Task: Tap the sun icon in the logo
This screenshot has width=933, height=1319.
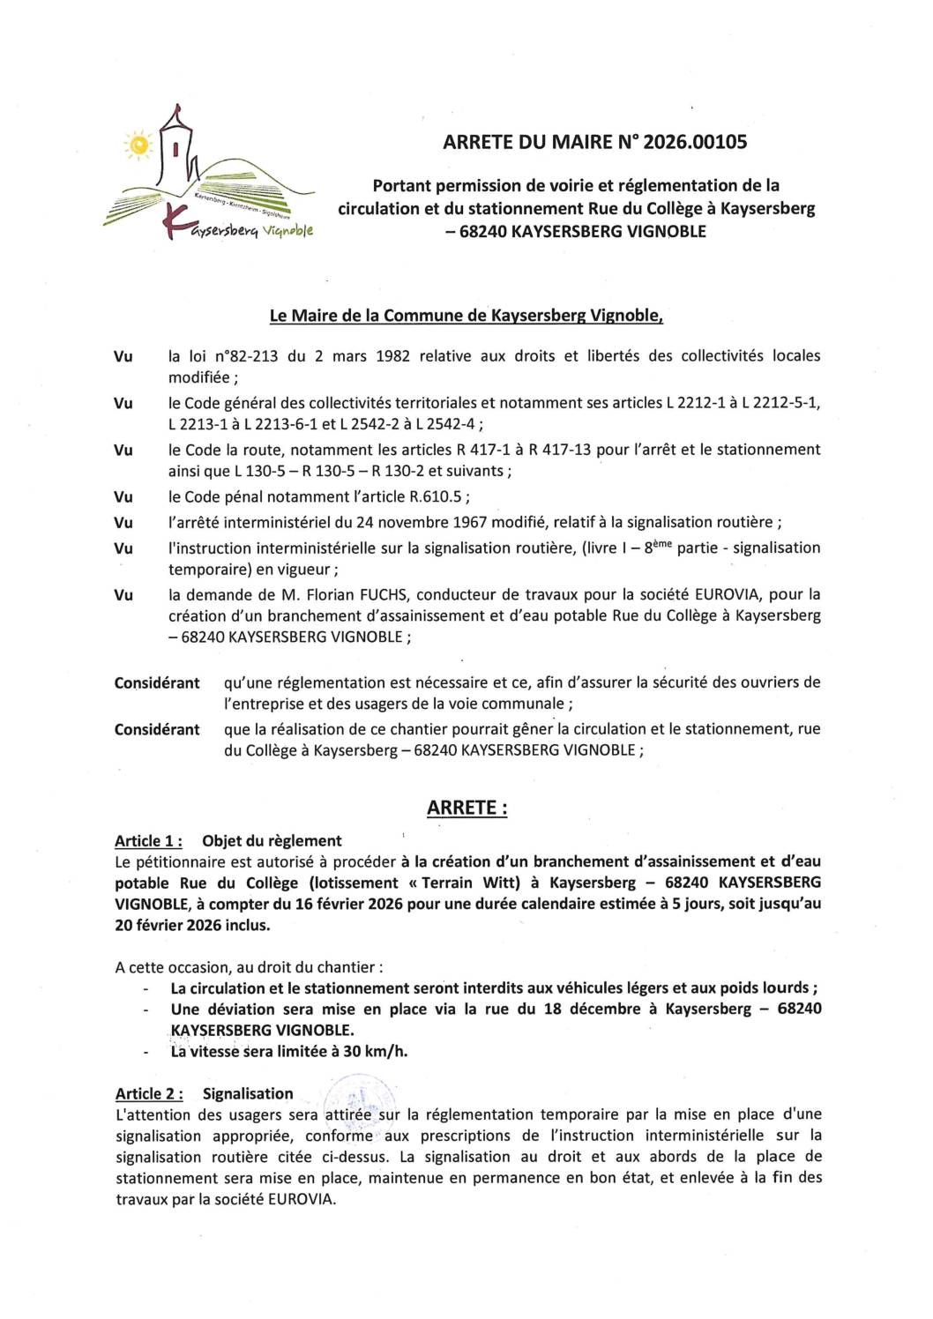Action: point(138,145)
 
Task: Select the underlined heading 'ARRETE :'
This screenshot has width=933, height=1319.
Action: point(466,808)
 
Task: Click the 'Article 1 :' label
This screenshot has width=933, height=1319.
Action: point(148,841)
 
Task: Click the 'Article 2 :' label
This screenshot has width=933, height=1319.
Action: point(149,1094)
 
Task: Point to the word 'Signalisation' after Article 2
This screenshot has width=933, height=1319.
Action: point(248,1094)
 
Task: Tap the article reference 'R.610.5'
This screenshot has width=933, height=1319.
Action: point(436,497)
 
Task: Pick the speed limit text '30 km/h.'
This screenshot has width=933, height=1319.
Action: point(376,1051)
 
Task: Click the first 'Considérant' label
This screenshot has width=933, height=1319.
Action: point(157,683)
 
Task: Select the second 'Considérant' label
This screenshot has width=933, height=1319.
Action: point(157,730)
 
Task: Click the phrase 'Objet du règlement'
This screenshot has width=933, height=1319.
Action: point(272,841)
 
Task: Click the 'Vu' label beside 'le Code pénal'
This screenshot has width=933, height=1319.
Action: point(123,497)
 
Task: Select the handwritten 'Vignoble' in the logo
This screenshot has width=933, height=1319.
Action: point(287,231)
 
